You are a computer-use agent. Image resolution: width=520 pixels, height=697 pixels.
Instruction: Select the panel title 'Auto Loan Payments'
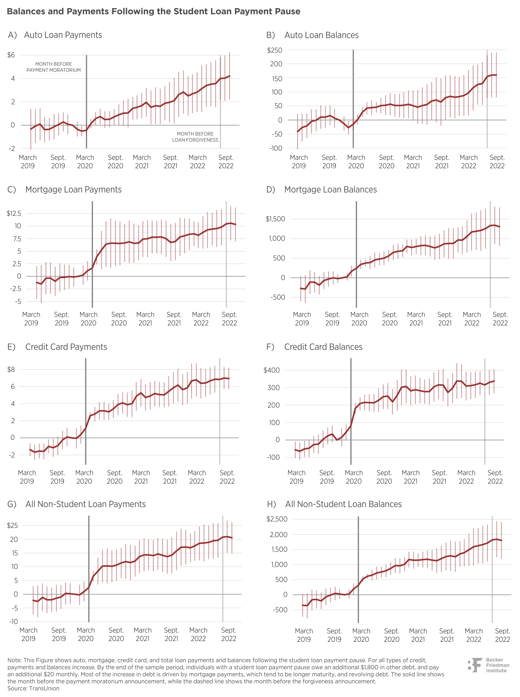tap(63, 35)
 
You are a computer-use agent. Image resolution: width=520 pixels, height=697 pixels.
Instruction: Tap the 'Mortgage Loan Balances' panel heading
tap(331, 190)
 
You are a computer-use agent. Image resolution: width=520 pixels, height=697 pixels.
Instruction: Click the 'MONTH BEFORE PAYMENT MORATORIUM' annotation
tap(54, 67)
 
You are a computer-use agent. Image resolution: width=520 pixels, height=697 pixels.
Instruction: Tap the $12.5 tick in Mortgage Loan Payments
tap(14, 214)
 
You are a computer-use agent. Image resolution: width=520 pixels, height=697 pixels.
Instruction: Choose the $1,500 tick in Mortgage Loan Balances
tap(275, 219)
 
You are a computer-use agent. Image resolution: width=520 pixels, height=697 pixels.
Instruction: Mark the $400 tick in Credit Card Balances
tap(272, 370)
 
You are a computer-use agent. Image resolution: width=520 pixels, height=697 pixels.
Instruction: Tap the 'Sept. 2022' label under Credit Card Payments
tap(227, 477)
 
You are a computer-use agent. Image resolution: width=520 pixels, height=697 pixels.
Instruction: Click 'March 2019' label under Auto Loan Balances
tap(299, 162)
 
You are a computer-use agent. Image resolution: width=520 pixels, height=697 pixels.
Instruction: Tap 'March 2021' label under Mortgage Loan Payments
tap(145, 319)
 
